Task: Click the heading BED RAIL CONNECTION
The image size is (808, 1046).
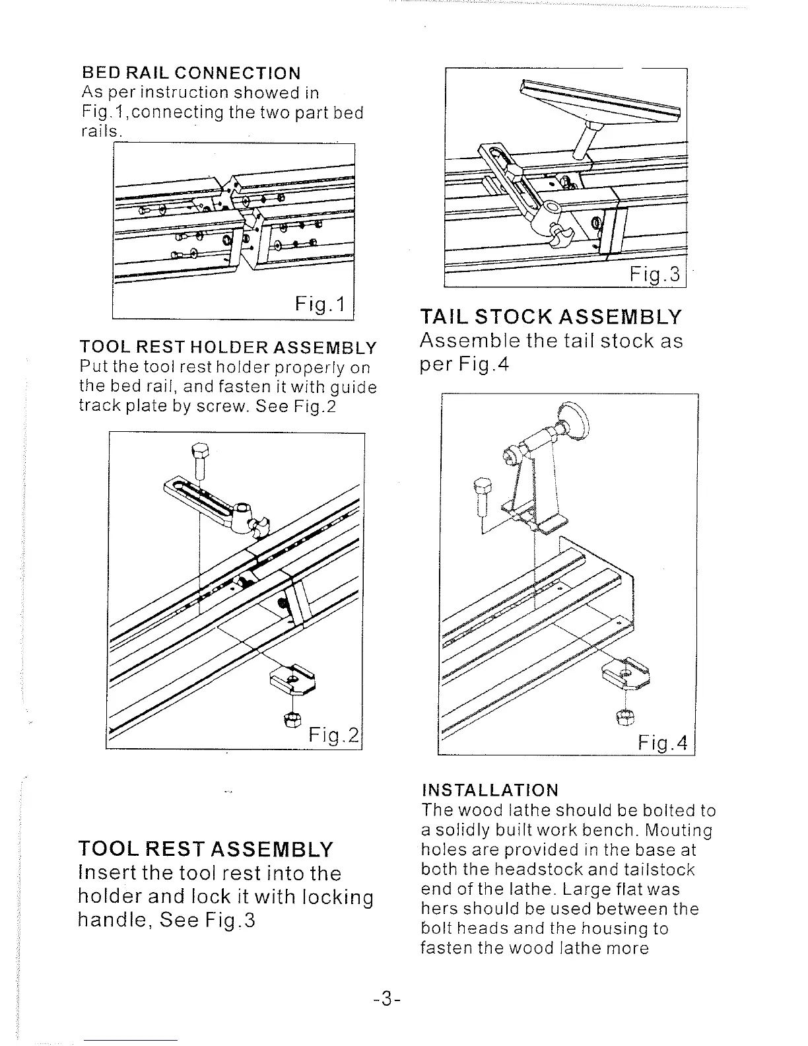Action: click(191, 73)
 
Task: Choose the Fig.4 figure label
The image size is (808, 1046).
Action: click(663, 744)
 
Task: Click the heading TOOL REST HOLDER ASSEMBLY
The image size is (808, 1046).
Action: click(228, 347)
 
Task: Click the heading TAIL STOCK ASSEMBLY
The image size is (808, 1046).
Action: click(551, 317)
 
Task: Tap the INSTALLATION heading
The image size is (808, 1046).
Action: click(490, 790)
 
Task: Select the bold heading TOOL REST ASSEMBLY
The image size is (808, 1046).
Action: click(207, 849)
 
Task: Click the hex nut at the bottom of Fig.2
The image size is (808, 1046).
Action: click(291, 720)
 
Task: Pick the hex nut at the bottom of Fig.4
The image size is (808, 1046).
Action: click(624, 716)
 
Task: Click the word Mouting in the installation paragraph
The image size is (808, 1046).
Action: click(679, 830)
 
